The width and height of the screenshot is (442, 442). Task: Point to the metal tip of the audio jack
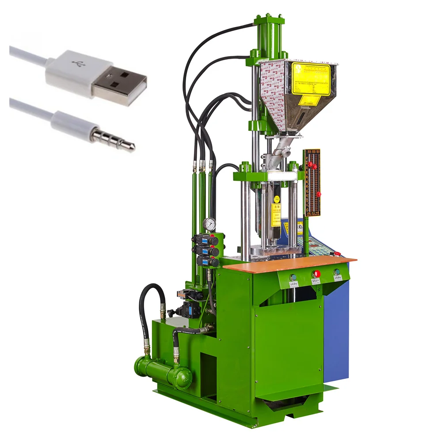point(129,145)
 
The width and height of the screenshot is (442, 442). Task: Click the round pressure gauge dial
point(210,224)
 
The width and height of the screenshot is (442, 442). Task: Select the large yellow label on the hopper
point(311,78)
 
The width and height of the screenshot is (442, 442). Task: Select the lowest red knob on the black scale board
point(318,194)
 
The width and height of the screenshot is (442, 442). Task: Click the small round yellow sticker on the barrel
point(277,199)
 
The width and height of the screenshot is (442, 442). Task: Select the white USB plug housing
point(71,73)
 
